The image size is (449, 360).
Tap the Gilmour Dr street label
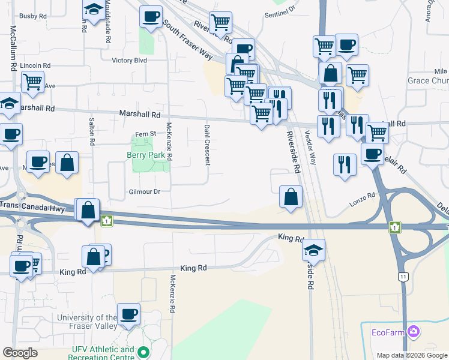click(x=145, y=191)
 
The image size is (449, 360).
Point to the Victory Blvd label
click(x=129, y=61)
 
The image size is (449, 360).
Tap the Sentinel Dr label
click(x=280, y=10)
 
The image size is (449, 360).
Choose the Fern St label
click(x=145, y=134)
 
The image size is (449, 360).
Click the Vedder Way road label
click(x=311, y=148)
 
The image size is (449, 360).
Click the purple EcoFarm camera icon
click(x=413, y=331)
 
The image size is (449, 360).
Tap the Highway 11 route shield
click(x=403, y=276)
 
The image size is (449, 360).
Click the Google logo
click(x=20, y=353)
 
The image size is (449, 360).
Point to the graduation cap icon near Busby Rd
click(x=93, y=10)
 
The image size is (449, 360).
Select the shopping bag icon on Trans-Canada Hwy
click(x=88, y=209)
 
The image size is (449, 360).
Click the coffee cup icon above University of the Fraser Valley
click(x=129, y=313)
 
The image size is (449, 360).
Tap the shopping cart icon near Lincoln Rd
click(x=32, y=81)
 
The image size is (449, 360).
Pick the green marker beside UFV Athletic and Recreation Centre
click(x=143, y=352)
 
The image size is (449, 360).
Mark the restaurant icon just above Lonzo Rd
click(x=344, y=163)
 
